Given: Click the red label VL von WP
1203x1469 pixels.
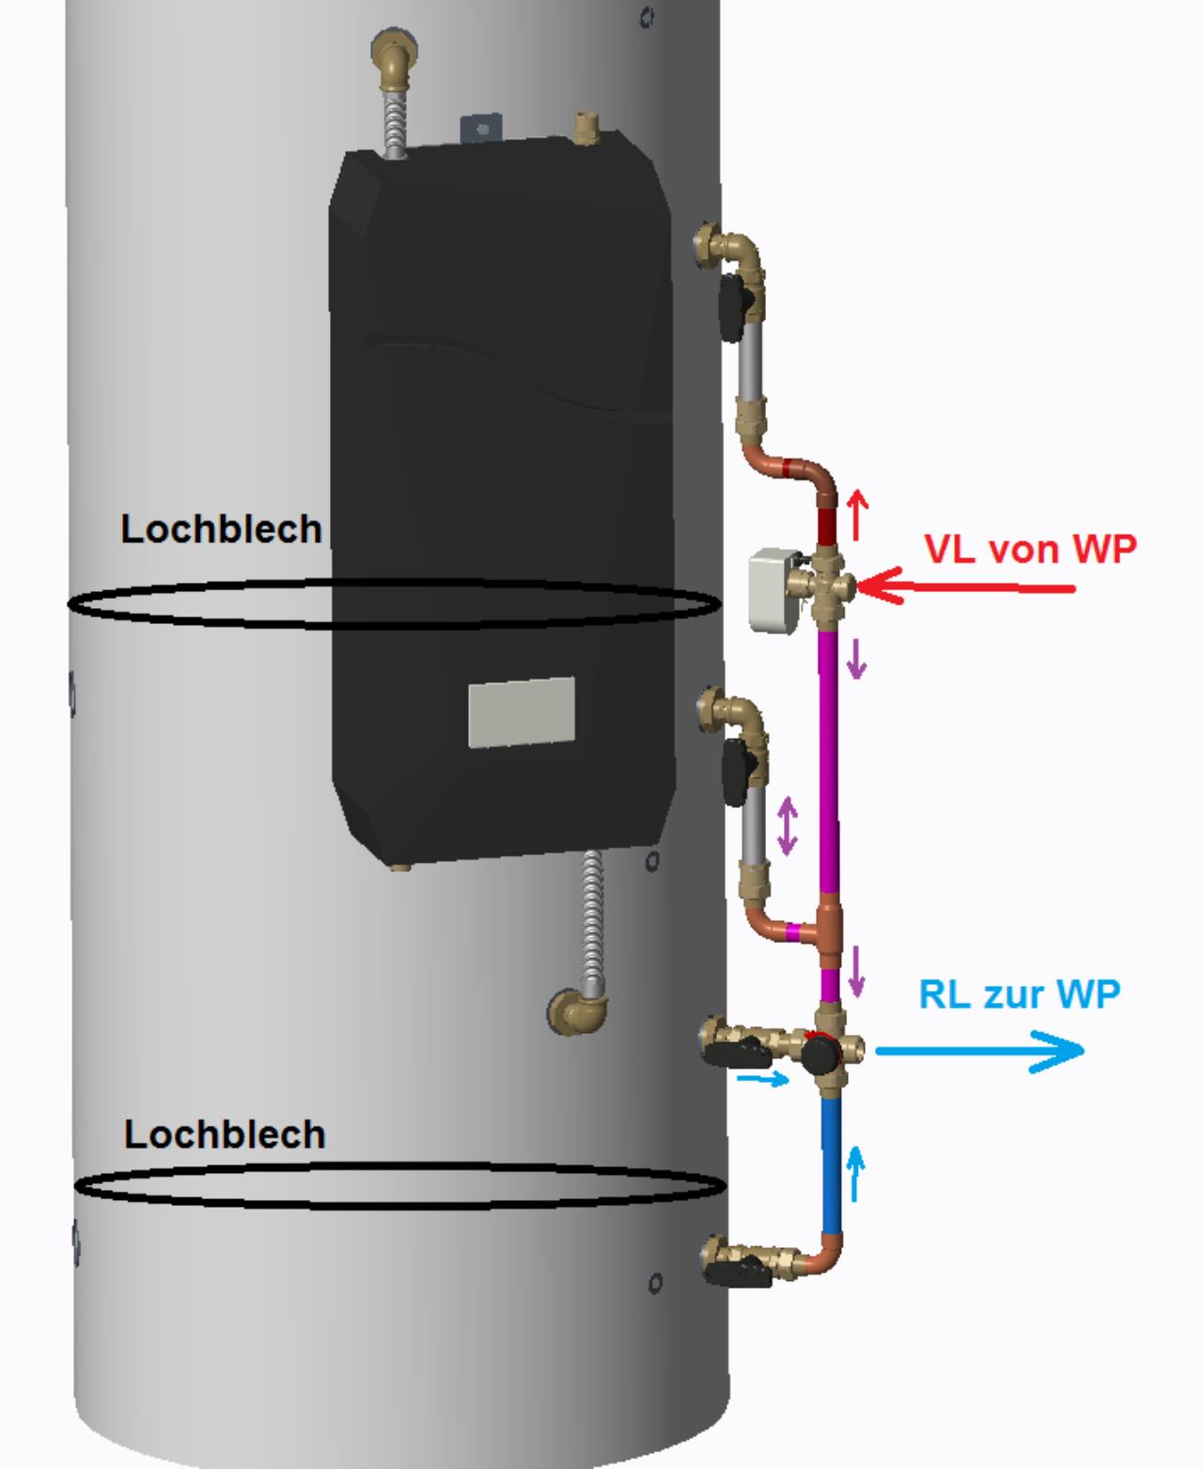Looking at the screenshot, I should [1030, 548].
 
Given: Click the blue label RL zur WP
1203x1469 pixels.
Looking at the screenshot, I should [1019, 992].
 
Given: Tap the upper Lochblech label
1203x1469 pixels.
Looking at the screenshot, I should [221, 529].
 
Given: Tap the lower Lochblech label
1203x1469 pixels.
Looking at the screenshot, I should [225, 1134].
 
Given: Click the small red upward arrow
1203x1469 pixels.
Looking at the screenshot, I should [856, 514].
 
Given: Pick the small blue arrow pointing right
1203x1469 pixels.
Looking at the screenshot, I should [762, 1080].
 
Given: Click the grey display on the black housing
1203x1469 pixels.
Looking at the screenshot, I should [522, 711].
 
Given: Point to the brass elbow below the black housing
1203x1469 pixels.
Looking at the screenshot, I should [576, 1011].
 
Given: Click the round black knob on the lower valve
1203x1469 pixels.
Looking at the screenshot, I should [817, 1053].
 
